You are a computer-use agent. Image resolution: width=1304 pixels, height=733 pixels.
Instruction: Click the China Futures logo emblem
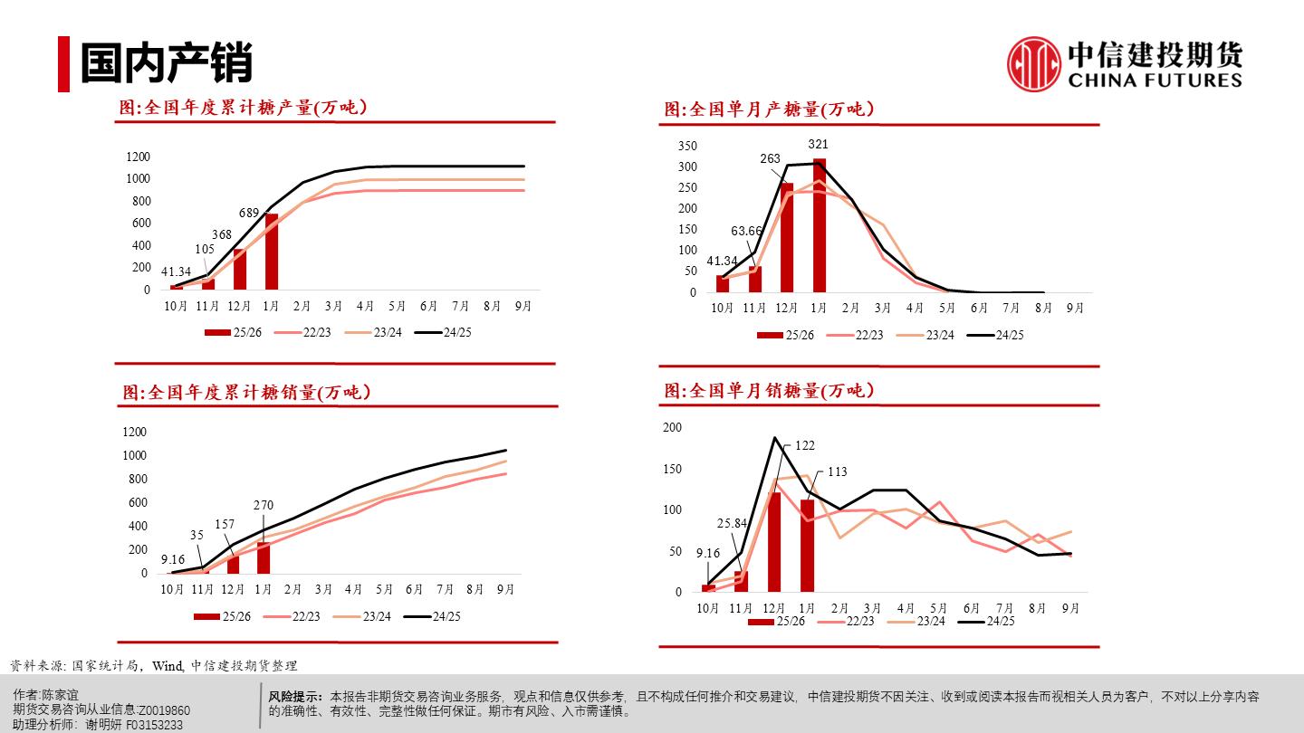[x=1034, y=63]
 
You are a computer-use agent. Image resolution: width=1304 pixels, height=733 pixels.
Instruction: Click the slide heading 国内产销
[x=166, y=64]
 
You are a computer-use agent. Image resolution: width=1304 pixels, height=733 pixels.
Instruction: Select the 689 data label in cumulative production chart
[x=249, y=214]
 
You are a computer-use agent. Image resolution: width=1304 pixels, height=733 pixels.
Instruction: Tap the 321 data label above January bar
[x=819, y=145]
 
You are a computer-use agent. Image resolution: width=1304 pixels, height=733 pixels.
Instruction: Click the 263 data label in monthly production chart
[x=770, y=159]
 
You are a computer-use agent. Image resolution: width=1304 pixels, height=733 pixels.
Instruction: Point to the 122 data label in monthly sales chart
[x=805, y=445]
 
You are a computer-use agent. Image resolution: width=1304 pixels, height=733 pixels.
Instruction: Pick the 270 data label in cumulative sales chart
[x=264, y=506]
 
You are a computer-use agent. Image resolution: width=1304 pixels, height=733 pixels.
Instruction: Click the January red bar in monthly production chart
[x=820, y=225]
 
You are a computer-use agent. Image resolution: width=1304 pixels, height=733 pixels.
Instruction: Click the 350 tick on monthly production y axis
[x=687, y=147]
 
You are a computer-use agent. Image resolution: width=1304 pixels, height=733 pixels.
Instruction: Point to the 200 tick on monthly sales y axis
[x=673, y=428]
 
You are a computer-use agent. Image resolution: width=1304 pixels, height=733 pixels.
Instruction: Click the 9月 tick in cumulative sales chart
[x=505, y=590]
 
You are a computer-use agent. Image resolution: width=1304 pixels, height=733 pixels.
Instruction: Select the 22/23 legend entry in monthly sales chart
[x=850, y=621]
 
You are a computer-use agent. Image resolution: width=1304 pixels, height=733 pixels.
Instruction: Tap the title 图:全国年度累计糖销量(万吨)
[x=246, y=393]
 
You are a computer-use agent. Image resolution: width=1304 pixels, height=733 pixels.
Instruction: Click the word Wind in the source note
[x=168, y=666]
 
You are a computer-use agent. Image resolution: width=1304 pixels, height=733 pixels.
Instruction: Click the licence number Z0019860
[x=164, y=710]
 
